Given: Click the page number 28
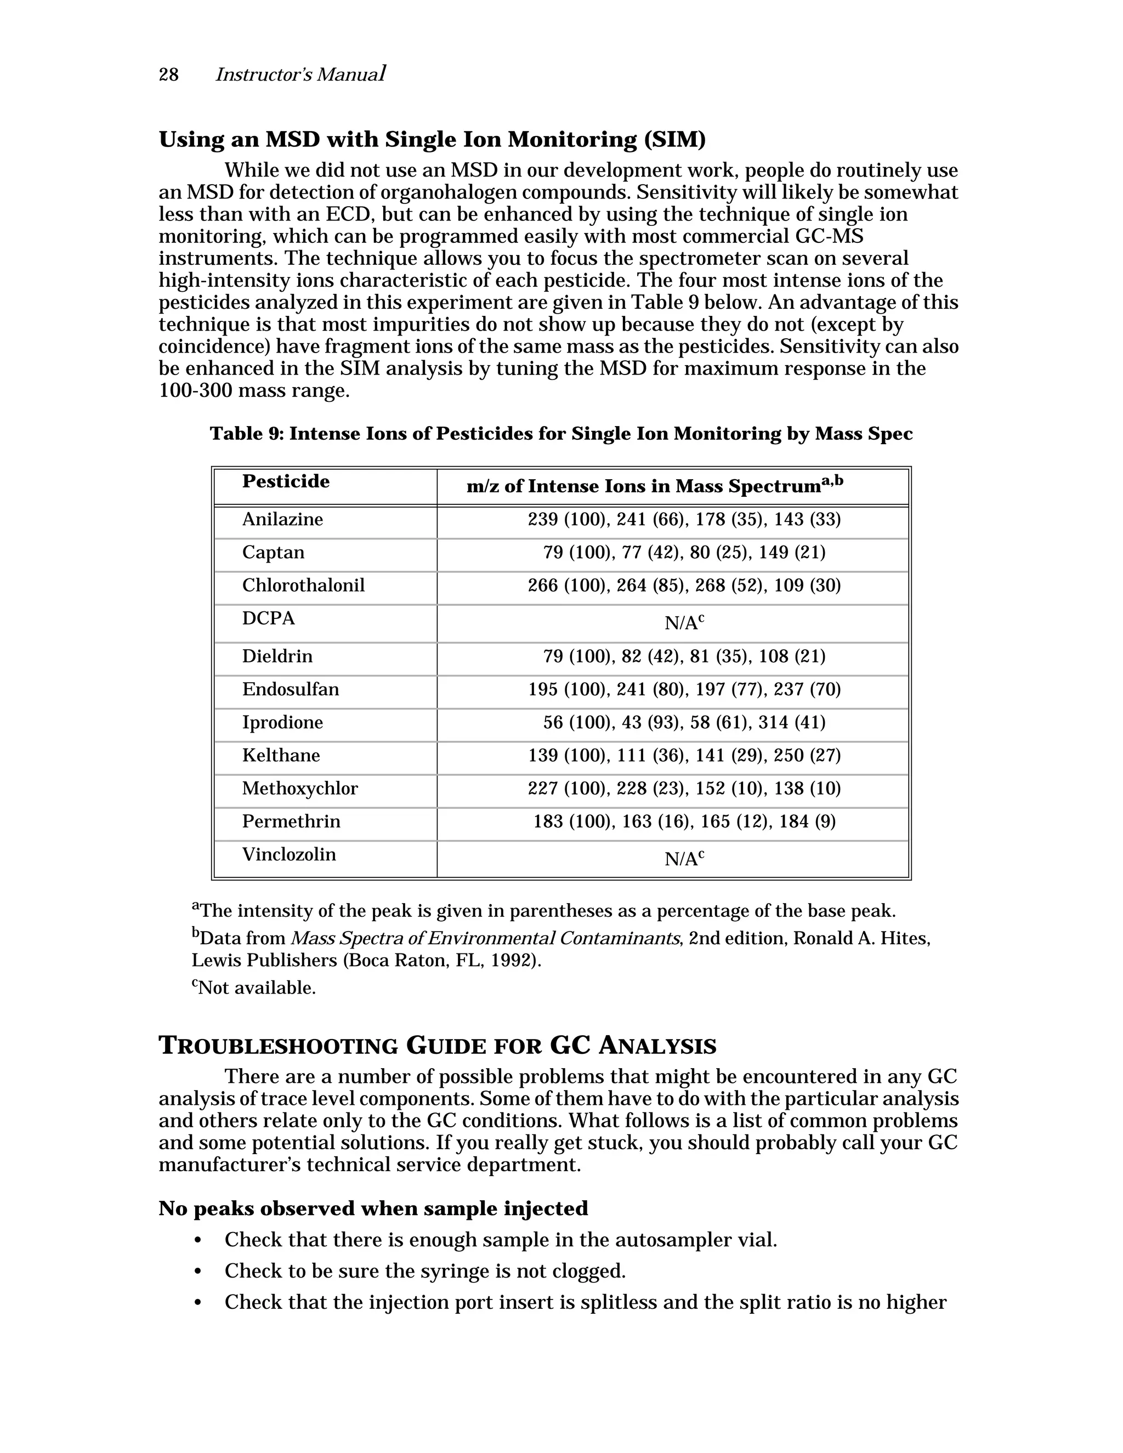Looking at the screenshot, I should click(168, 75).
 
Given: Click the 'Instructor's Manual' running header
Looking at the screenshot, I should click(300, 75).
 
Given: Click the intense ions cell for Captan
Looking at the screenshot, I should click(684, 552).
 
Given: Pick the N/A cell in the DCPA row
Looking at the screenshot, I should click(684, 623).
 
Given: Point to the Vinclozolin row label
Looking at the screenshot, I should click(289, 854).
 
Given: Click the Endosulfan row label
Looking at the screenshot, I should click(290, 689).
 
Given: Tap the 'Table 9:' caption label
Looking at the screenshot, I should click(247, 434).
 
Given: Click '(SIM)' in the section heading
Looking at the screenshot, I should click(674, 140).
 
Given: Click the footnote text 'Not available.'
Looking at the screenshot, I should click(257, 987).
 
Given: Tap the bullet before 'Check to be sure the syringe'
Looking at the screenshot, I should click(197, 1272).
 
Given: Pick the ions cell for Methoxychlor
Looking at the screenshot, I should click(684, 788).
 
